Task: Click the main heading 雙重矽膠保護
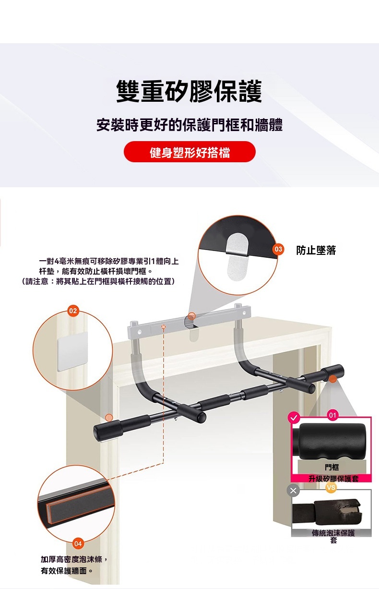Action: coord(189,91)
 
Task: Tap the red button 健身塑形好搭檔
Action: coord(189,152)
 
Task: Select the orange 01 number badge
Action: coord(332,415)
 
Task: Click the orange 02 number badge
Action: coord(73,311)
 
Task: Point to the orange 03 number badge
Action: coord(278,249)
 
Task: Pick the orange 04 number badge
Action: coord(78,543)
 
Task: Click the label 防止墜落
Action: coord(316,250)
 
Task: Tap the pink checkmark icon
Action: coord(294,418)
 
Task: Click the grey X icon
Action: coord(293,491)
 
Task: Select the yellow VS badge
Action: coord(331,488)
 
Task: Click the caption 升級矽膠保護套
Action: coord(333,479)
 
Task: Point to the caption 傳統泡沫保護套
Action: coord(333,536)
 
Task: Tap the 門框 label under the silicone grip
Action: coord(332,467)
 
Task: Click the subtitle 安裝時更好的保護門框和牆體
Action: coord(189,125)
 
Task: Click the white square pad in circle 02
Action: coord(72,351)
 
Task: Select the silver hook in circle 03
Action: coord(237,256)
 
